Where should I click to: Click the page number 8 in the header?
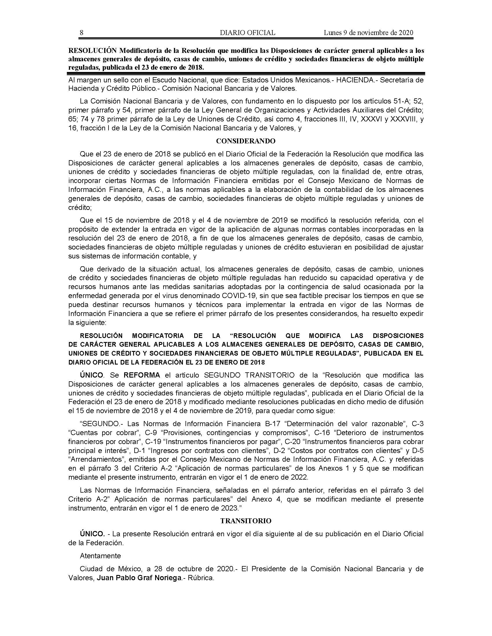pyautogui.click(x=82, y=33)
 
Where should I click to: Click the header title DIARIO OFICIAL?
pyautogui.click(x=247, y=33)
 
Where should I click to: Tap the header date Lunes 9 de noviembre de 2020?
pyautogui.click(x=368, y=33)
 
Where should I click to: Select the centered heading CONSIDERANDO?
pyautogui.click(x=246, y=141)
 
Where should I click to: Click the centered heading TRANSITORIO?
pyautogui.click(x=246, y=521)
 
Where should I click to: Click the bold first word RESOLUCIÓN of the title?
pyautogui.click(x=90, y=50)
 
